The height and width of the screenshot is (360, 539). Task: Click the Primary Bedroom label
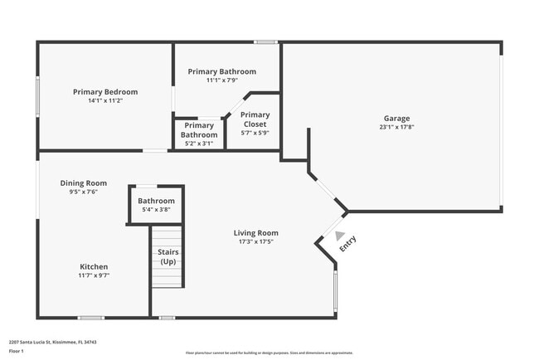[x=105, y=92]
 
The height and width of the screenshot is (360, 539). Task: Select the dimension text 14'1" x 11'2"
[x=105, y=101]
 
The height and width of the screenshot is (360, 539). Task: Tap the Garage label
[x=396, y=119]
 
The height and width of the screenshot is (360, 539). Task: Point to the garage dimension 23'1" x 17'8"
[x=396, y=128]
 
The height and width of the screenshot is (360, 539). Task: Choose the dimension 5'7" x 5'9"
[x=255, y=133]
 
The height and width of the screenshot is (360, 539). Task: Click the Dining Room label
[x=84, y=182]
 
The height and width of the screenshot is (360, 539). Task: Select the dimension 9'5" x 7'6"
[x=84, y=192]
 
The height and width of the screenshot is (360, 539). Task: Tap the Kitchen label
[x=94, y=266]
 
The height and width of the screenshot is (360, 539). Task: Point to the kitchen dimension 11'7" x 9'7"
[x=94, y=275]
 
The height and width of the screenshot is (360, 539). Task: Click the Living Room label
[x=255, y=233]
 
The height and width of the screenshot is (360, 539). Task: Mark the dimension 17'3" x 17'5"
[x=255, y=242]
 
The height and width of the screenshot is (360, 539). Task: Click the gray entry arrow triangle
[x=339, y=236]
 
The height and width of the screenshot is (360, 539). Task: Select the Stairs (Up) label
[x=168, y=256]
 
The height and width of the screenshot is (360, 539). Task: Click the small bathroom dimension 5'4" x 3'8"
[x=156, y=211]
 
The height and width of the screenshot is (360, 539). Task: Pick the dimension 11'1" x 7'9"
[x=221, y=80]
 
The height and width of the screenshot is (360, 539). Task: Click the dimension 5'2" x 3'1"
[x=199, y=144]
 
